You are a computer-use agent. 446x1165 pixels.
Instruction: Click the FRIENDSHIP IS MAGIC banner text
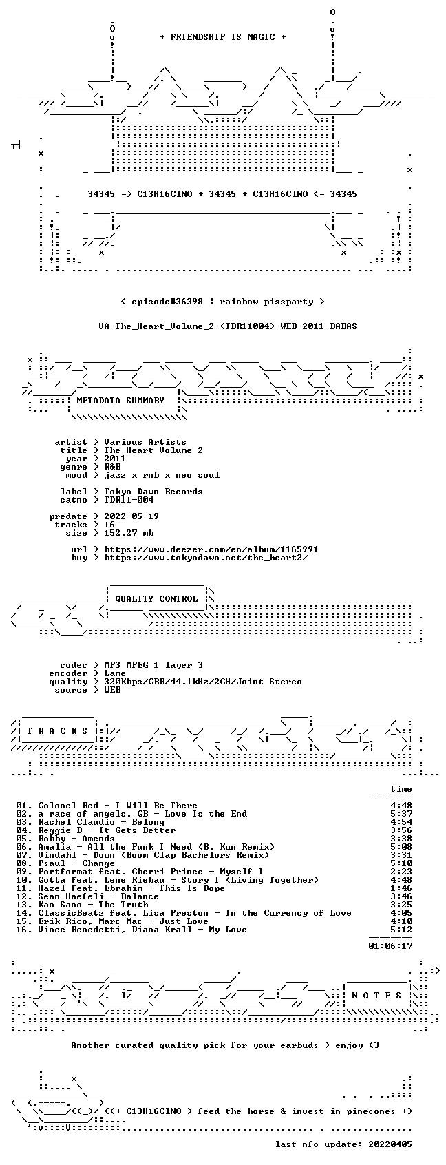click(222, 37)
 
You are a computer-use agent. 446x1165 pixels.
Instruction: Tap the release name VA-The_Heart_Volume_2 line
click(228, 326)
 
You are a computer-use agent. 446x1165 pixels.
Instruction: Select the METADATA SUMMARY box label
click(120, 401)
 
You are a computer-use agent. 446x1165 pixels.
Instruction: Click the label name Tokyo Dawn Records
click(153, 492)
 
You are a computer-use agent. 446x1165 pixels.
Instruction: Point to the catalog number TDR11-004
click(129, 500)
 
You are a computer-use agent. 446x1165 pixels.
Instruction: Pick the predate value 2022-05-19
click(131, 516)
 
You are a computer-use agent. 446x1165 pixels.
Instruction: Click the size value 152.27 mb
click(129, 533)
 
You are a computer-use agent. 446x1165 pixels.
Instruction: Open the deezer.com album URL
click(211, 549)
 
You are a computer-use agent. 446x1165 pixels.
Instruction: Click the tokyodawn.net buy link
click(206, 558)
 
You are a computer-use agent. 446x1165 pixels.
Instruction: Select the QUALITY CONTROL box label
click(156, 598)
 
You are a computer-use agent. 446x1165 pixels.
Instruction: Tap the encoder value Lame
click(115, 673)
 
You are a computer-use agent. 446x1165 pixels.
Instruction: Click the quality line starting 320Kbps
click(203, 682)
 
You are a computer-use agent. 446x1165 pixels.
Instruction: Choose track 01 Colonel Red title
click(118, 806)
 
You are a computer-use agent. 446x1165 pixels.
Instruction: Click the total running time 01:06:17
click(390, 946)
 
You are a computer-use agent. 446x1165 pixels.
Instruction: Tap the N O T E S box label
click(377, 996)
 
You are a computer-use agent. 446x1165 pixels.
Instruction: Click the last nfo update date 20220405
click(390, 1144)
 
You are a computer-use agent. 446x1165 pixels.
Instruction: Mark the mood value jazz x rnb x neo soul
click(162, 475)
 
